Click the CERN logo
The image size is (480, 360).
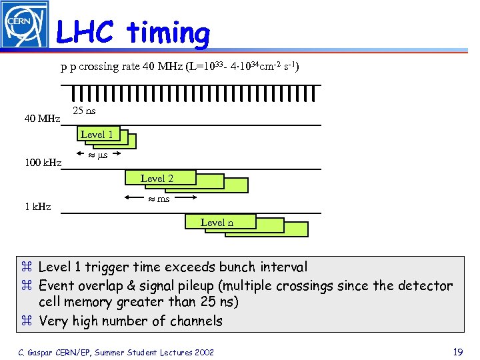25,25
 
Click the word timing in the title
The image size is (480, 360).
168,32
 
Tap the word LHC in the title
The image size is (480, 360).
85,32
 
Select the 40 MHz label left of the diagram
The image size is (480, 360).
43,119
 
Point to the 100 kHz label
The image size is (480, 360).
43,163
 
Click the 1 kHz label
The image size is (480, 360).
38,207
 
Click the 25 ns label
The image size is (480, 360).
84,111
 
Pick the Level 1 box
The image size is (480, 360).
97,135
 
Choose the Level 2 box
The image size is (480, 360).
157,178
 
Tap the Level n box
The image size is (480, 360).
217,222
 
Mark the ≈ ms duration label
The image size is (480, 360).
159,199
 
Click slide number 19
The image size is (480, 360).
457,351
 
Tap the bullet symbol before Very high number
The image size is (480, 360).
27,321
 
